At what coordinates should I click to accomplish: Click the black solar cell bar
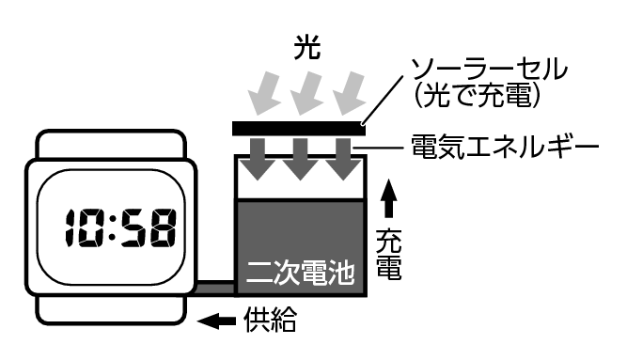pos(299,127)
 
